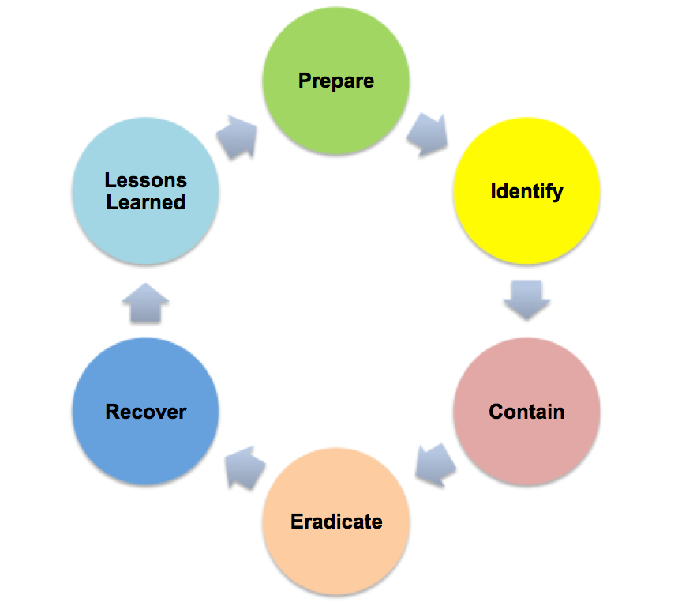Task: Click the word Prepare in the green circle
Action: coord(336,81)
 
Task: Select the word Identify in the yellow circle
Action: coord(526,191)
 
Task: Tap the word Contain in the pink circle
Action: coord(526,412)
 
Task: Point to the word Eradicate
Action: coord(336,522)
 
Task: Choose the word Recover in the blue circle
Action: coord(146,412)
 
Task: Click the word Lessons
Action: coord(146,181)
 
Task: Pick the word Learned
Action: coord(146,202)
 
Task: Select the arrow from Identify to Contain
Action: coord(526,299)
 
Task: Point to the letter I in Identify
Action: coord(493,191)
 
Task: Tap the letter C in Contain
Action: coord(496,412)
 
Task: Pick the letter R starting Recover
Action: coord(112,412)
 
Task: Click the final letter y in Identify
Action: coord(557,194)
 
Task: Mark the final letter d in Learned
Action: coord(179,202)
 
